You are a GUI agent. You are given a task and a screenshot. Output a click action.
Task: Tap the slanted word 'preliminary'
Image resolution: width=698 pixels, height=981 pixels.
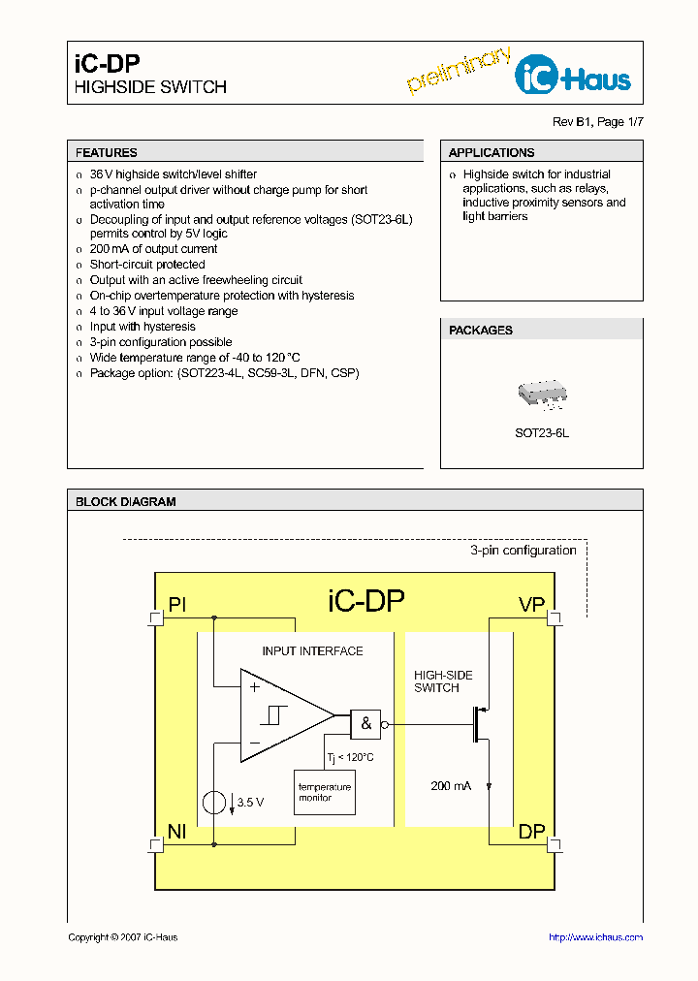459,70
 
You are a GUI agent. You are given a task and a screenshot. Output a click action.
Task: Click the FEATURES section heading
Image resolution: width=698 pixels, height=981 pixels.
107,152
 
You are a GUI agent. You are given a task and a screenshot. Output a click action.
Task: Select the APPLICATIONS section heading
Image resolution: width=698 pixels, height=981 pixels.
492,152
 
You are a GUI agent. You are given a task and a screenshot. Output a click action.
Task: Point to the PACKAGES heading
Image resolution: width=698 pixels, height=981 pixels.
481,331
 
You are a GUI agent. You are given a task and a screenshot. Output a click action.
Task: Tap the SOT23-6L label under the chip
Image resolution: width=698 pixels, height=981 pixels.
542,433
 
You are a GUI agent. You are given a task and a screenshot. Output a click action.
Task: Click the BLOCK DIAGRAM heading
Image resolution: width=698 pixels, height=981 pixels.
126,502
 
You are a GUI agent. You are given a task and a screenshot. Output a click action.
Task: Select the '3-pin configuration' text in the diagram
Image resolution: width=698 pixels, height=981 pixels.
523,551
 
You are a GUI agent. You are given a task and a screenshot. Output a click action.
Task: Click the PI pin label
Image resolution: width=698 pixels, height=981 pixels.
177,606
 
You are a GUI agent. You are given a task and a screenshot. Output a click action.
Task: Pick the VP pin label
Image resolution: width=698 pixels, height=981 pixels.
531,606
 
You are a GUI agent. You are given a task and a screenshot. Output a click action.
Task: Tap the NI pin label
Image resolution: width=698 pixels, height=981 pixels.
177,832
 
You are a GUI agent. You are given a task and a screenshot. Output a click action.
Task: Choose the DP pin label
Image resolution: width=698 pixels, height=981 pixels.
531,832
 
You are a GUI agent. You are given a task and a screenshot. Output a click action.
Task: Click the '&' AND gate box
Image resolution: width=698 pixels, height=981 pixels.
366,723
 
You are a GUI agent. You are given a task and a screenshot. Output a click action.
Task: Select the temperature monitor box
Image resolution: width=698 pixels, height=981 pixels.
325,792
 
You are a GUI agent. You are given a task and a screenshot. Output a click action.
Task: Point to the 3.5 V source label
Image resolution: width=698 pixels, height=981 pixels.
251,803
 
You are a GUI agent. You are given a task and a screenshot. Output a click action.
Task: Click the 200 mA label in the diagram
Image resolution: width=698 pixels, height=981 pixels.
451,785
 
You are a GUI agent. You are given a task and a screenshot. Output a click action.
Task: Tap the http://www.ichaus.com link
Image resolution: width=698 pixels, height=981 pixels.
595,937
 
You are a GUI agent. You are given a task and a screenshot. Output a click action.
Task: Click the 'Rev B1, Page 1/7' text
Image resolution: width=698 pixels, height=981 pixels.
597,121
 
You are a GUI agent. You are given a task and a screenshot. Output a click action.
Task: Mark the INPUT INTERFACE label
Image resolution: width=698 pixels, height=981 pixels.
312,651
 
